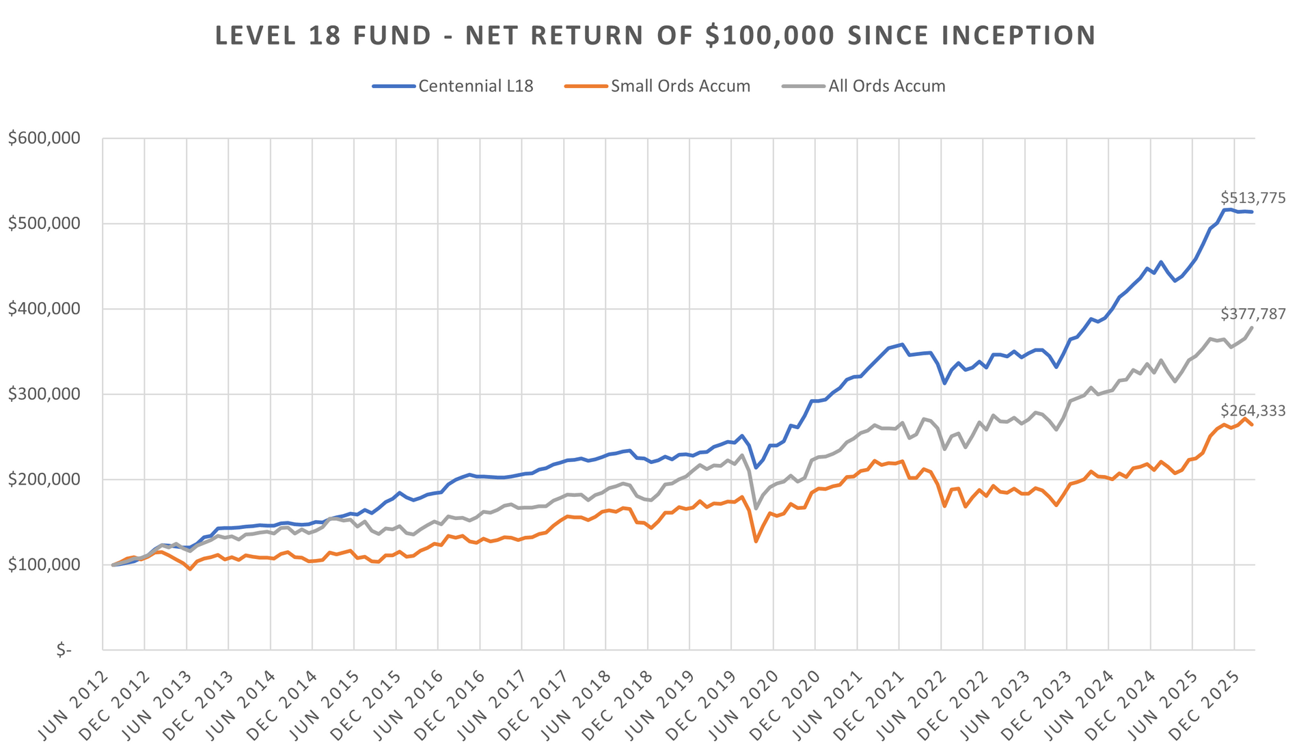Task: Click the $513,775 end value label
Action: click(1253, 198)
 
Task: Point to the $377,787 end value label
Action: click(1253, 314)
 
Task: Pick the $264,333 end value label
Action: click(1253, 411)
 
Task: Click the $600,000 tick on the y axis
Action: click(44, 139)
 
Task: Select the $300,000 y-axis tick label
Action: click(44, 394)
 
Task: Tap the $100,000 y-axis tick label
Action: click(44, 565)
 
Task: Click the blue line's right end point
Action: click(1252, 212)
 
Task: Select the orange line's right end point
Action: click(1252, 425)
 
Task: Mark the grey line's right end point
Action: click(1252, 327)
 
